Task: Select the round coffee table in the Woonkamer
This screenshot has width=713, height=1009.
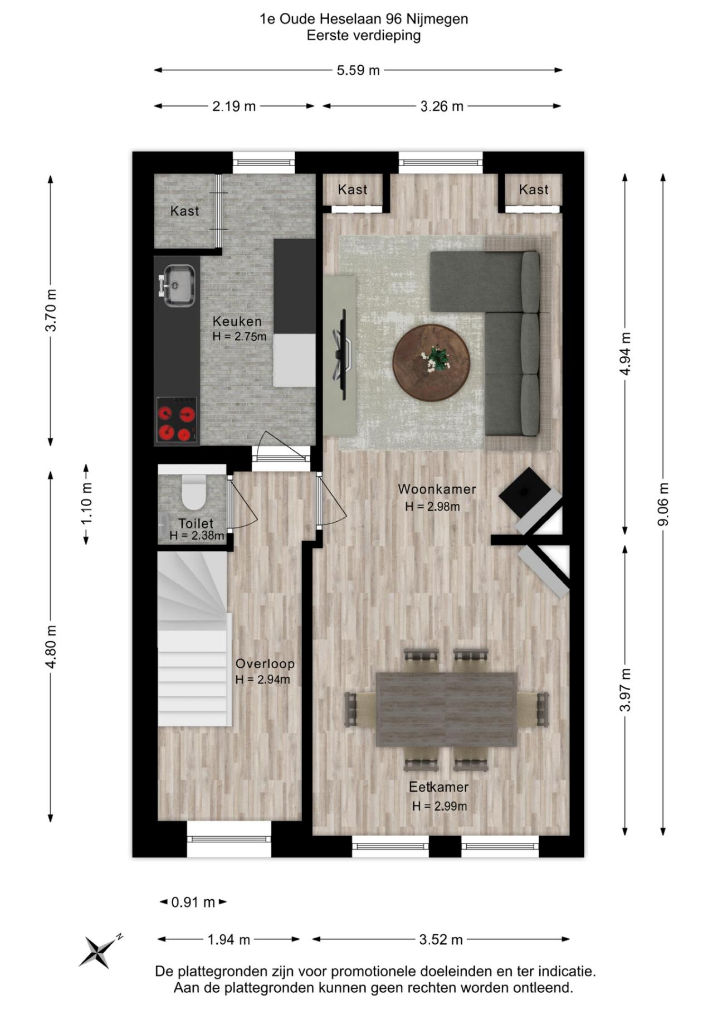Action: tap(431, 362)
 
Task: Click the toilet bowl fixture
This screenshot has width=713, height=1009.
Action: tap(193, 492)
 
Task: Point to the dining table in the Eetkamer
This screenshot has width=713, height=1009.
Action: tap(446, 709)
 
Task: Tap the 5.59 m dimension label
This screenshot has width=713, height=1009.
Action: tap(358, 70)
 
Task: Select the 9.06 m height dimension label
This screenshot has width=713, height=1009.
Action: tap(663, 504)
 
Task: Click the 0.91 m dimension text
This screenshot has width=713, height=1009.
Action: tap(193, 902)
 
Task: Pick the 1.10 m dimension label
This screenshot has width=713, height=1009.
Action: tap(86, 503)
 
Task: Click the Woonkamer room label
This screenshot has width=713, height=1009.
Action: tap(437, 489)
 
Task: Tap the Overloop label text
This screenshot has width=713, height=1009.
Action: tap(265, 664)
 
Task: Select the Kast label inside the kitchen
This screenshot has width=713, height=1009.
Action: tap(184, 211)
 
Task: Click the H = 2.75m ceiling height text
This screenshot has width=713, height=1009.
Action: tap(240, 337)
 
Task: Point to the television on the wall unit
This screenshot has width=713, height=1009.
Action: tap(343, 354)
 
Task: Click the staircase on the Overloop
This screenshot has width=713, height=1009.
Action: tap(192, 641)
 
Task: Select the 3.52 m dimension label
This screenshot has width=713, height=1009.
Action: tap(441, 940)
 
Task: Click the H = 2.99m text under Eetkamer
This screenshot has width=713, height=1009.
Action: tap(439, 806)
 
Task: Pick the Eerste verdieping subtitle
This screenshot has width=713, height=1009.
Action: tap(363, 36)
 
